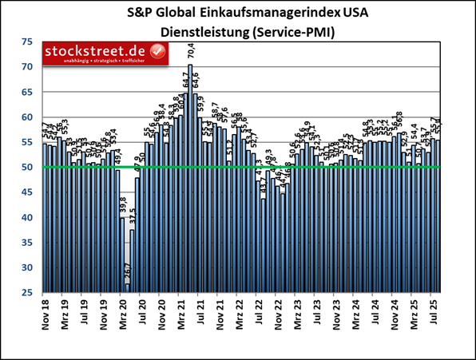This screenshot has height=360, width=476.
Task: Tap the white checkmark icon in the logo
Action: pos(158,53)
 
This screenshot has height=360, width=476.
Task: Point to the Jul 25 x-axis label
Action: pos(433,315)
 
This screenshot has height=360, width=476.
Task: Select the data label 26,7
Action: pos(127,272)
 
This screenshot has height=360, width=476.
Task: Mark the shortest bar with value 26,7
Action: pos(127,289)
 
